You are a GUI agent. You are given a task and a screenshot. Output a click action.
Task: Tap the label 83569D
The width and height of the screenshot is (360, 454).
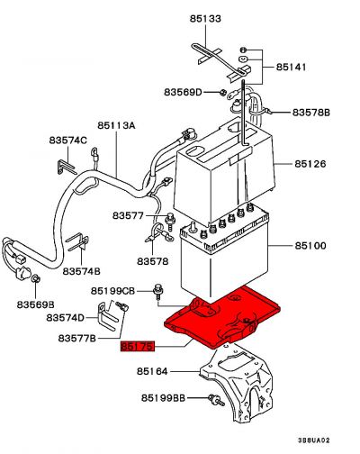[x=183, y=91]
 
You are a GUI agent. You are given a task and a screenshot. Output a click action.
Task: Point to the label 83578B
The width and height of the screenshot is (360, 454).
[x=311, y=113]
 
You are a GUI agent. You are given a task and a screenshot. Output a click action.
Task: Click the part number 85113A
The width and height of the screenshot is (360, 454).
[x=115, y=126]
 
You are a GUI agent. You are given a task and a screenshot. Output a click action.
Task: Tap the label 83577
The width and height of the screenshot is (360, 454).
[x=129, y=216]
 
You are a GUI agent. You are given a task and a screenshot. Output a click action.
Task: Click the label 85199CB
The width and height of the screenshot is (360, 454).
[x=112, y=290]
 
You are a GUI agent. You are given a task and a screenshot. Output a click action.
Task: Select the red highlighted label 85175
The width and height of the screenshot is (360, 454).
[x=139, y=346]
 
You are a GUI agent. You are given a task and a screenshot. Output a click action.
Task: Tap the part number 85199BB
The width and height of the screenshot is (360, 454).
[x=162, y=397]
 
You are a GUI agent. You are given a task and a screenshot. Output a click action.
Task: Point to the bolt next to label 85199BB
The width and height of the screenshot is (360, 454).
[x=215, y=398]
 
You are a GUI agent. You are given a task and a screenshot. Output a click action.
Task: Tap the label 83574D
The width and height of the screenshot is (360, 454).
[x=67, y=318]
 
